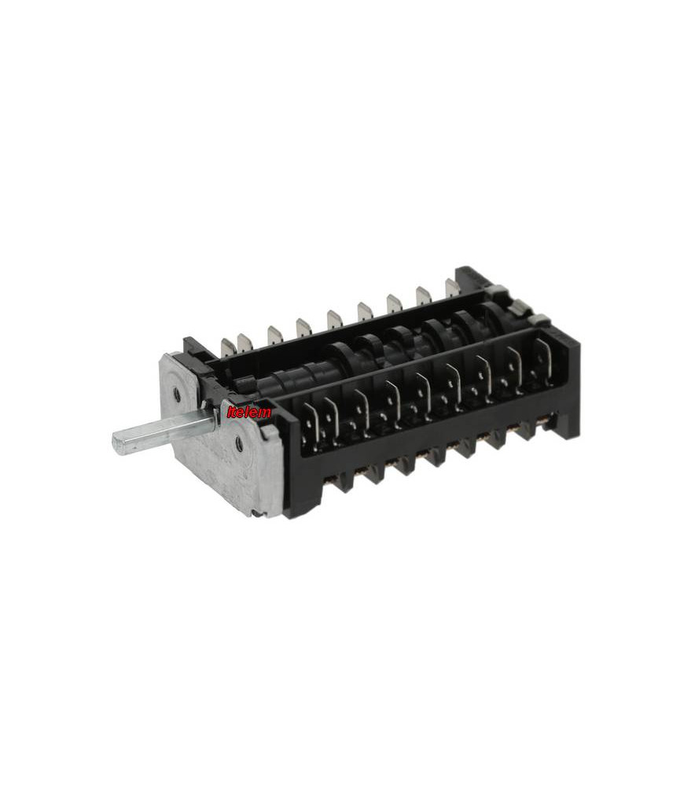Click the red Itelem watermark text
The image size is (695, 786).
[248, 413]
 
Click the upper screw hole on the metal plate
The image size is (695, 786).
[178, 395]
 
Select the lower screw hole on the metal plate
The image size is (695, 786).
[239, 442]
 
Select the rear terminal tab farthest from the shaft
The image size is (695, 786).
[452, 288]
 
